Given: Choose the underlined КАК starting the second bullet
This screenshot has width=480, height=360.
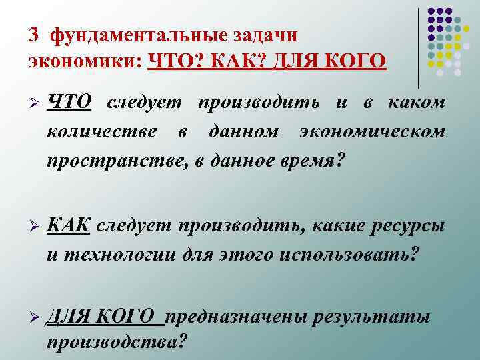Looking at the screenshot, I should click(x=68, y=226).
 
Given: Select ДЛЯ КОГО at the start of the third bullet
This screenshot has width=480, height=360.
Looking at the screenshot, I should click(x=105, y=318).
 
